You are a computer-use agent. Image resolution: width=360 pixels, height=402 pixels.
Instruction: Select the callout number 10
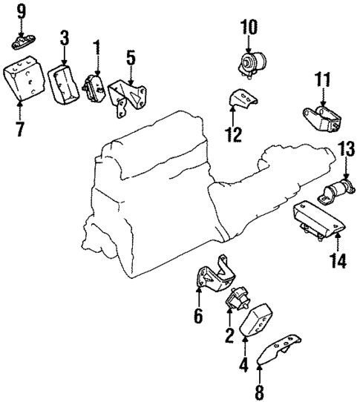click(248, 28)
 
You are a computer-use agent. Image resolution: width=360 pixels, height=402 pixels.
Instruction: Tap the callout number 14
click(337, 260)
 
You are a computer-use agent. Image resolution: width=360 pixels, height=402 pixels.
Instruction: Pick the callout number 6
click(198, 316)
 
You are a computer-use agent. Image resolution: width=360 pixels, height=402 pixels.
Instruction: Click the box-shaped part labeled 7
click(24, 79)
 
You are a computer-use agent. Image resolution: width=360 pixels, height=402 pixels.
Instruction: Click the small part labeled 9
click(21, 39)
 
